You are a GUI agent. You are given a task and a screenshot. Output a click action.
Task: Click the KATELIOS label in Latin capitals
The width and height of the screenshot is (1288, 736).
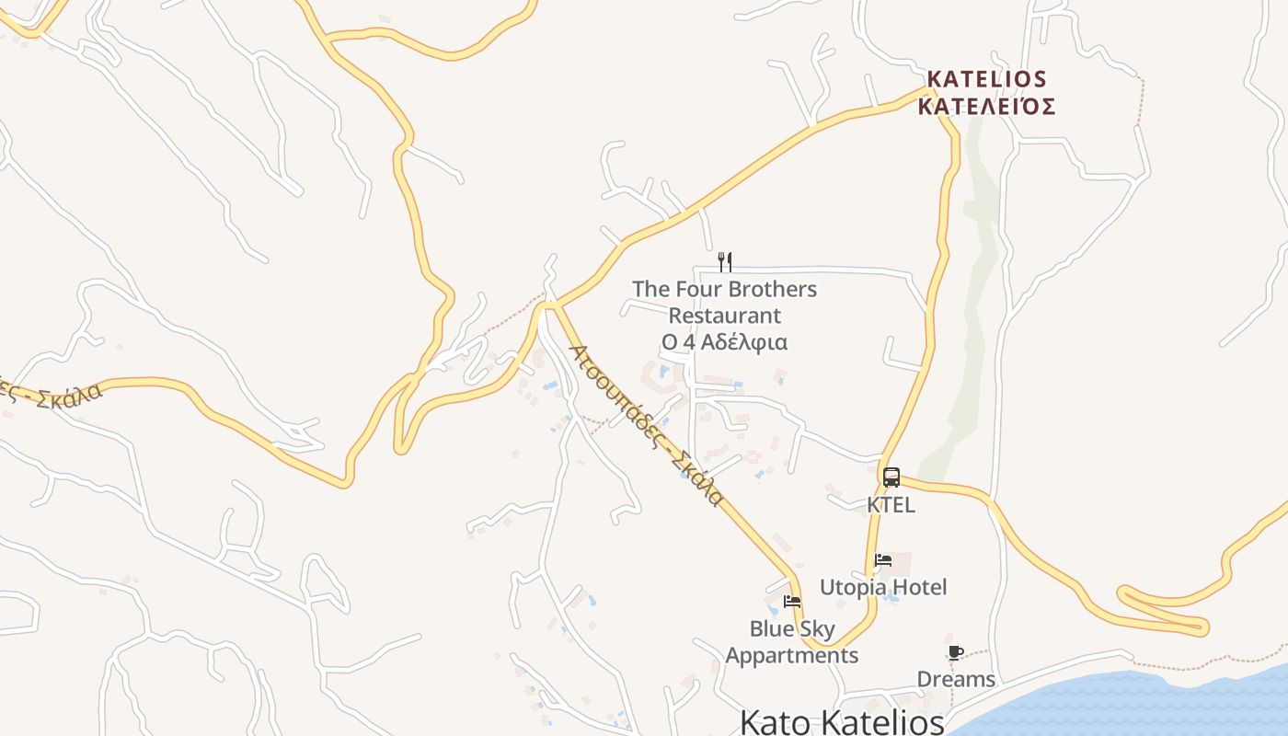pyautogui.click(x=986, y=79)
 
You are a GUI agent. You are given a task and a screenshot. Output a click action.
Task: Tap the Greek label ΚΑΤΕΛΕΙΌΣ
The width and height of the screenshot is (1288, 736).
pyautogui.click(x=986, y=107)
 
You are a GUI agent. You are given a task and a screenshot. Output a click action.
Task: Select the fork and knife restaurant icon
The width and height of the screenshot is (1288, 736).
pyautogui.click(x=725, y=262)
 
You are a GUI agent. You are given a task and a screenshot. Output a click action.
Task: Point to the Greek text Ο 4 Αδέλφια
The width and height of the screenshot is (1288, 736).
pyautogui.click(x=725, y=342)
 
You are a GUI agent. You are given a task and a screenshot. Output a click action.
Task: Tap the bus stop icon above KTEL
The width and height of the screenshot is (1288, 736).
pyautogui.click(x=891, y=477)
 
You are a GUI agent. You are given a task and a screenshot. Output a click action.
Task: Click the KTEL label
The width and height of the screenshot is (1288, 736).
pyautogui.click(x=891, y=505)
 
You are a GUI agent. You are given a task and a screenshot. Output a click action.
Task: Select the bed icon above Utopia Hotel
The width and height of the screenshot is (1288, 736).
pyautogui.click(x=883, y=559)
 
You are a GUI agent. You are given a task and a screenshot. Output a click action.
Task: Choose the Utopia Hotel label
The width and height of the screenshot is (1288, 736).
pyautogui.click(x=883, y=587)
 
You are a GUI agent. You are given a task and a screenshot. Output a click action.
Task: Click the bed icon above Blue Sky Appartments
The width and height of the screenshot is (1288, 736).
pyautogui.click(x=792, y=602)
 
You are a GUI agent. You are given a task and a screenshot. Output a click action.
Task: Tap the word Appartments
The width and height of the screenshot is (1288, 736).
pyautogui.click(x=792, y=656)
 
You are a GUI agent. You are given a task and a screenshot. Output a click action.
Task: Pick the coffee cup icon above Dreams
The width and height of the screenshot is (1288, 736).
pyautogui.click(x=956, y=652)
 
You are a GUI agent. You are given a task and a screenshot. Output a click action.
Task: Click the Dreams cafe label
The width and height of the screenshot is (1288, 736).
pyautogui.click(x=956, y=679)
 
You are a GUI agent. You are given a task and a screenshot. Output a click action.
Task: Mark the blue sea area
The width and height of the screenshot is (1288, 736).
pyautogui.click(x=1150, y=704)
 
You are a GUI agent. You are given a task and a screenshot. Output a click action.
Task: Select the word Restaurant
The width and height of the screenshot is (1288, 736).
pyautogui.click(x=725, y=316)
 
